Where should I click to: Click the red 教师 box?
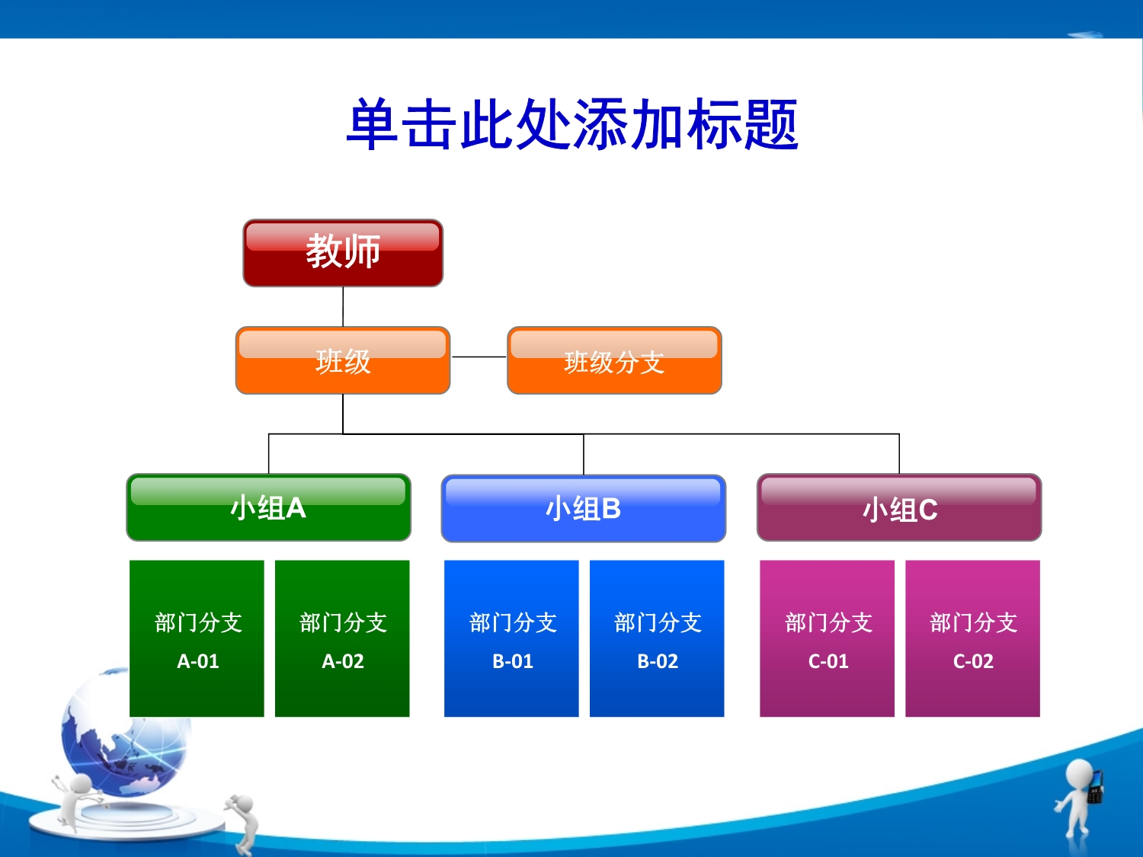(343, 253)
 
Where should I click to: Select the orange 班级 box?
(343, 360)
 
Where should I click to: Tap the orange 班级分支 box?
(614, 360)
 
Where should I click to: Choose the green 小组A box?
(269, 507)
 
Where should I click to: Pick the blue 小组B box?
(584, 508)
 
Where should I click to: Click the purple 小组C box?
(899, 507)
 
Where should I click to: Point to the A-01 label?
(198, 661)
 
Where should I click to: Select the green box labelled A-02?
(342, 638)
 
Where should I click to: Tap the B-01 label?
(513, 661)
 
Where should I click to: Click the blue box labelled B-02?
(657, 638)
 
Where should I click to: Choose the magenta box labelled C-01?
(827, 638)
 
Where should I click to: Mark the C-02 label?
(973, 661)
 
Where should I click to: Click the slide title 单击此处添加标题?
(571, 124)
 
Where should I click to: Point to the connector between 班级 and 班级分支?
(479, 357)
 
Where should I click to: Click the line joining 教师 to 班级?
(343, 306)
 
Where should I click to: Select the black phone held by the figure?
(1095, 786)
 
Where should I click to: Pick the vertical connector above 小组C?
(899, 454)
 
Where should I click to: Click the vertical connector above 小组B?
(584, 454)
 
